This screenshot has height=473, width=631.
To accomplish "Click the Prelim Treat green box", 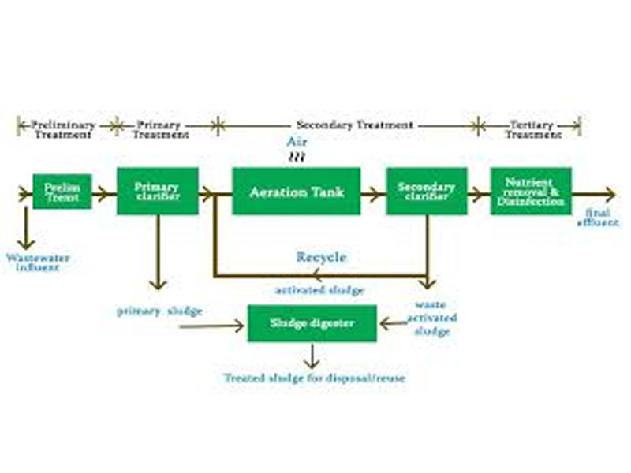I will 62,192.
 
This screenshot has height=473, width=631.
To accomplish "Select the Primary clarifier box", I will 157,192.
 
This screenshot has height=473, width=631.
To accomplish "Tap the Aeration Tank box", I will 296,192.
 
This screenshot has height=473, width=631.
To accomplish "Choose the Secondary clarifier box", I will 426,192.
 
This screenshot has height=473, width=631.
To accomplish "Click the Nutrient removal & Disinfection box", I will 530,192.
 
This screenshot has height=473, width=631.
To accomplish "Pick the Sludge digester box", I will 312,323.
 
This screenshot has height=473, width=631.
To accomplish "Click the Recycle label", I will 321,257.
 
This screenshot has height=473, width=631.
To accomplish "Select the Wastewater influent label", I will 33,263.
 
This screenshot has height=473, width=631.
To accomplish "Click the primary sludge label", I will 159,311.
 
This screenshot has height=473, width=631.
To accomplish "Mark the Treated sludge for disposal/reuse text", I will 314,378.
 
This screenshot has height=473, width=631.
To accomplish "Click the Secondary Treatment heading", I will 354,125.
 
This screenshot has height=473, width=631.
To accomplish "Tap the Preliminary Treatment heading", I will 62,130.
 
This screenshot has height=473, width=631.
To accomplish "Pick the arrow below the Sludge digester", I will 312,356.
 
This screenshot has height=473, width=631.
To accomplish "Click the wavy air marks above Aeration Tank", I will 296,158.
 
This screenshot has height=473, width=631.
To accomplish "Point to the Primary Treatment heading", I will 160,130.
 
